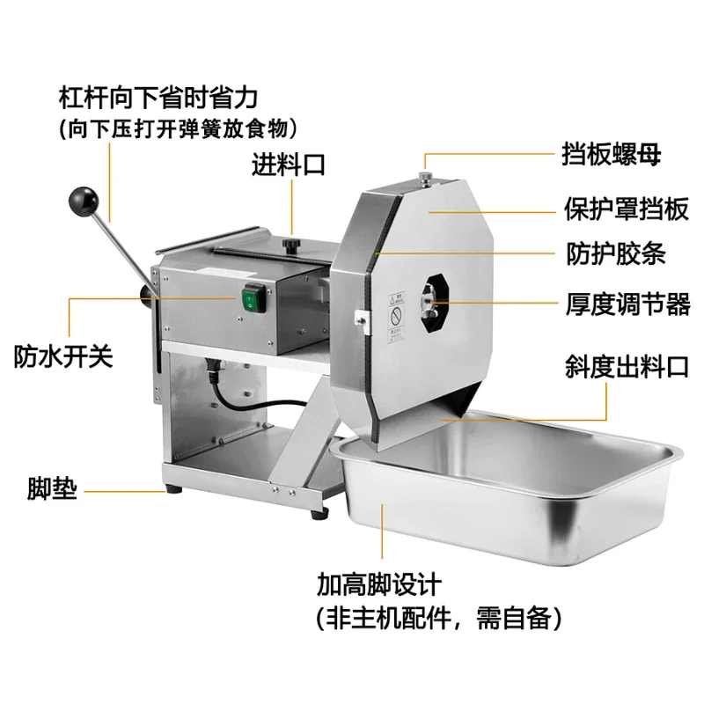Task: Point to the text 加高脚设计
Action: pos(378,583)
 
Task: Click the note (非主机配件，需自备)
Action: pos(440,618)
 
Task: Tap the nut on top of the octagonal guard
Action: pos(426,179)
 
